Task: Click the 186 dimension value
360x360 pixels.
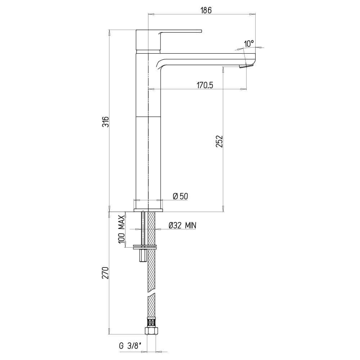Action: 206,10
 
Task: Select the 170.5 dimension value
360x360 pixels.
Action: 205,85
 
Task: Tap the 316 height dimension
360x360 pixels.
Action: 105,122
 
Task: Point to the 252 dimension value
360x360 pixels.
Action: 220,141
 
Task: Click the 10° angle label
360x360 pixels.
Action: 249,44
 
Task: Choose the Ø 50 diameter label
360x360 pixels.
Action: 180,196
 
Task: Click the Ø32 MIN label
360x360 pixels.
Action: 183,226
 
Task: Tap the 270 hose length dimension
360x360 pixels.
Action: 105,273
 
